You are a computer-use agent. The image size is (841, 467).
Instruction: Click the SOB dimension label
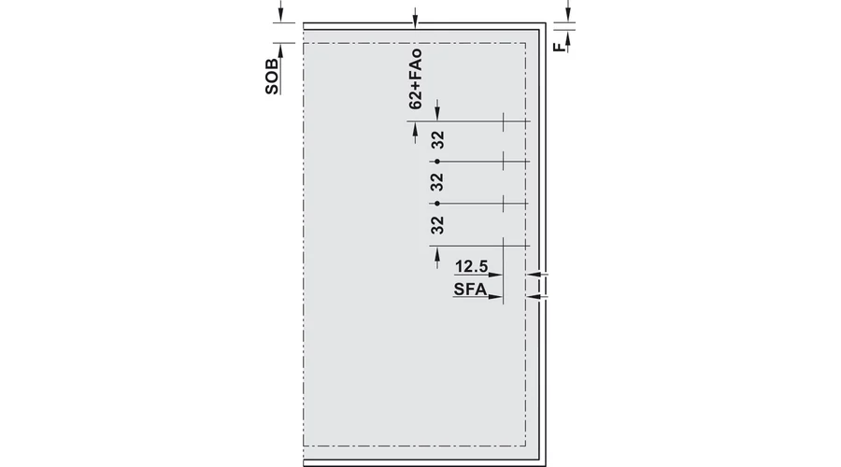point(272,77)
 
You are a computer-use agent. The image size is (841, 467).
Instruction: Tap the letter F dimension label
point(560,47)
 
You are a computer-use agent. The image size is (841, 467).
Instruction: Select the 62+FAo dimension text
point(416,79)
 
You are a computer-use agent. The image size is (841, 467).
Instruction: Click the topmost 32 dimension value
point(438,140)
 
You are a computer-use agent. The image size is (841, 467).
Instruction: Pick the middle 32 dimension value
point(437,182)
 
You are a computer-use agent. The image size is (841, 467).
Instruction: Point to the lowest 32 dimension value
point(437,225)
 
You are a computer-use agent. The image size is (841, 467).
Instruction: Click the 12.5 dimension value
point(472,266)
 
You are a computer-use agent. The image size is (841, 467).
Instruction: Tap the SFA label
point(470,290)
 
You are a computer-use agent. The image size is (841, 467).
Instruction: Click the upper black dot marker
point(437,162)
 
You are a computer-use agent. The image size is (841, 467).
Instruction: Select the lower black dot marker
point(437,204)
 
